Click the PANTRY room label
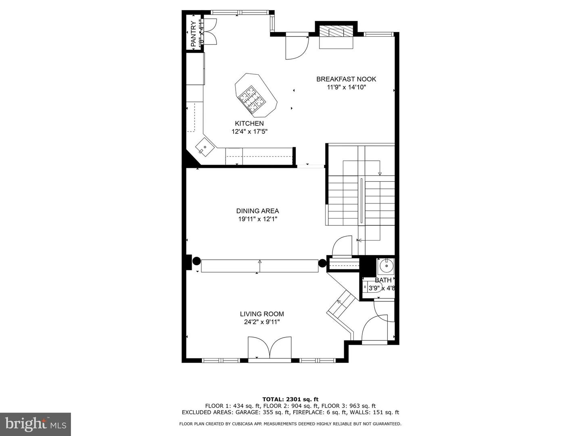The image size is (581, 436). pyautogui.click(x=194, y=34)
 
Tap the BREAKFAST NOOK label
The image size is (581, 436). pyautogui.click(x=346, y=79)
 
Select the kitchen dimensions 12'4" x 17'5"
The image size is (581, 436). pyautogui.click(x=250, y=131)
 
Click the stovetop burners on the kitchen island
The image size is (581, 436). pyautogui.click(x=251, y=99)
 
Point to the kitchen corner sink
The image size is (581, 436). pyautogui.click(x=204, y=147)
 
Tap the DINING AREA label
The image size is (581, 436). pyautogui.click(x=257, y=211)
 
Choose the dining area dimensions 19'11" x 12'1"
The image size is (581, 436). pyautogui.click(x=257, y=219)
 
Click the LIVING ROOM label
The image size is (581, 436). pyautogui.click(x=262, y=314)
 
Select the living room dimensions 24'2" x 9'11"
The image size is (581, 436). pyautogui.click(x=262, y=322)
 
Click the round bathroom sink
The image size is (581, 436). pyautogui.click(x=387, y=266)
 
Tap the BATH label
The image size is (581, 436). pyautogui.click(x=383, y=280)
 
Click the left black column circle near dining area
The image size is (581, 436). pyautogui.click(x=196, y=261)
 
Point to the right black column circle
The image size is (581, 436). pyautogui.click(x=322, y=263)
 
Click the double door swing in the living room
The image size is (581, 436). pyautogui.click(x=270, y=348)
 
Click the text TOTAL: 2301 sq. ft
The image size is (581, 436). pyautogui.click(x=290, y=400)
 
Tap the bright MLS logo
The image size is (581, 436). pyautogui.click(x=36, y=424)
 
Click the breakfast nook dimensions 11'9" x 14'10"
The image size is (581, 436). pyautogui.click(x=346, y=87)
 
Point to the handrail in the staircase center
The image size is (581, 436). pyautogui.click(x=362, y=201)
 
